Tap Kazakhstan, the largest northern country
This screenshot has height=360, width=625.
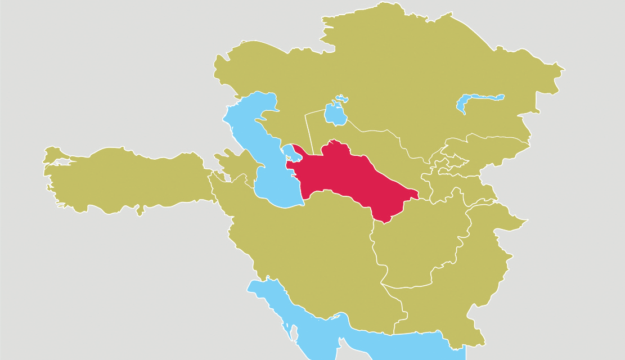click(405, 73)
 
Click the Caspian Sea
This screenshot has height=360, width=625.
click(253, 141)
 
